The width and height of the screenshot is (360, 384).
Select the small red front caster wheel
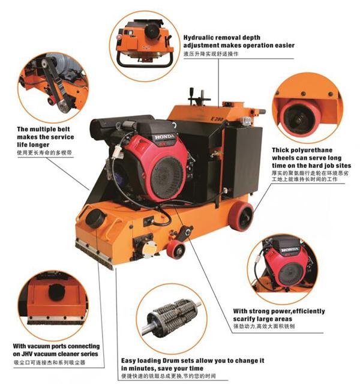click(176, 248)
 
